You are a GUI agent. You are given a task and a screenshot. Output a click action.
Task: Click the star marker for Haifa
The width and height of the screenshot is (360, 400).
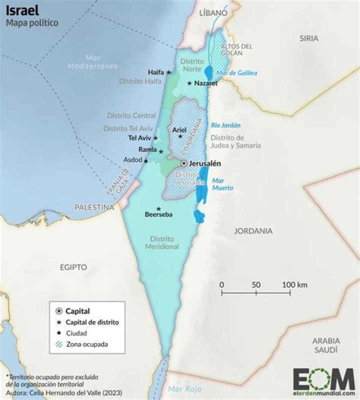coord(168,72)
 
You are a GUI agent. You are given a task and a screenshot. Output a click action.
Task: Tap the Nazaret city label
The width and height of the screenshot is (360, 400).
coord(206,83)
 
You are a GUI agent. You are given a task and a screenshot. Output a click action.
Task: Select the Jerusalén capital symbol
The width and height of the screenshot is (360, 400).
coord(184,163)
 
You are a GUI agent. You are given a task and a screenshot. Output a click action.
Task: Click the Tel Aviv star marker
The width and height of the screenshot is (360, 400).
coord(155,138)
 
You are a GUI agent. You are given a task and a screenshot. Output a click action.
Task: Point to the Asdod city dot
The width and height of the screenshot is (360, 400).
coord(145,161)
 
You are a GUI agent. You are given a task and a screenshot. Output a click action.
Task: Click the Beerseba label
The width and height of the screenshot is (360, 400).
coord(158,215)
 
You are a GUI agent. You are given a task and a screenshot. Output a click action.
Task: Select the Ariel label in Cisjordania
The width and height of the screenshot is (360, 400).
coord(179,130)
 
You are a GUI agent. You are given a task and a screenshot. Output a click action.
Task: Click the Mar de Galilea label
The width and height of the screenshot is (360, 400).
coord(237,73)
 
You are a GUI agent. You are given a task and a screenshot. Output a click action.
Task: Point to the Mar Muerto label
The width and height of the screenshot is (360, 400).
coord(222,184)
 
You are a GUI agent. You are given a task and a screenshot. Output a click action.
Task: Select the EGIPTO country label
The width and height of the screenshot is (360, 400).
coord(73,267)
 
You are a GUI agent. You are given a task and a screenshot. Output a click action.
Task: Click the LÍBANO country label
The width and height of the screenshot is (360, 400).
coord(213,14)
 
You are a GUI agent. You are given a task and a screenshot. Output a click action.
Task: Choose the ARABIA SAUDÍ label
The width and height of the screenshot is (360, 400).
coord(326,345)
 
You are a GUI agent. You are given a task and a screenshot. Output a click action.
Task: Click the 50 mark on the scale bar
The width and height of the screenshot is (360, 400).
coord(256,285)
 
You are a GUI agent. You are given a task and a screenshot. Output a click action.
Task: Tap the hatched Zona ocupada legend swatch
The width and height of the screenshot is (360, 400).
coord(59,344)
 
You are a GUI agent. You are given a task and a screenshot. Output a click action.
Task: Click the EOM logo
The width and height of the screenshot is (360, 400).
coord(323,380)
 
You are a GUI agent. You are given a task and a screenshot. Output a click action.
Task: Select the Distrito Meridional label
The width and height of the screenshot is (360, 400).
coord(162,243)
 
